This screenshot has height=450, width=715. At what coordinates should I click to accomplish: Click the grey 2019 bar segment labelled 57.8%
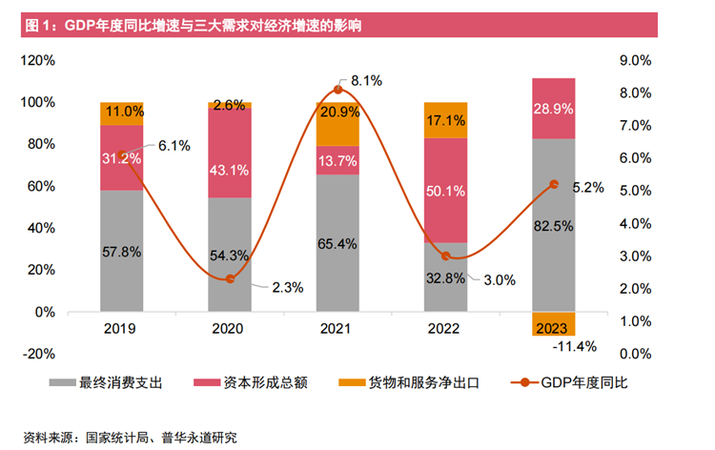121,251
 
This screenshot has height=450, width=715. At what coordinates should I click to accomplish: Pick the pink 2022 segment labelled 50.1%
446,190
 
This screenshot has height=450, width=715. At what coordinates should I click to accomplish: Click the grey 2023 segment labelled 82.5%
554,225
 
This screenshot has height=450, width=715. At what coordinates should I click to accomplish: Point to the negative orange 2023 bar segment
554,323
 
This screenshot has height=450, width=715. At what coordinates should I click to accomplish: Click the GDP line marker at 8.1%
338,90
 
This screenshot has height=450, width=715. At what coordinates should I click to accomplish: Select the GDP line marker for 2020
230,278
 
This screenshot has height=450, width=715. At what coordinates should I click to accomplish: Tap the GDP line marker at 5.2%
554,184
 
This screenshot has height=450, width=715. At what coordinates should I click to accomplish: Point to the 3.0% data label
499,280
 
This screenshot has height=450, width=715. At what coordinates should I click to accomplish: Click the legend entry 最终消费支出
123,382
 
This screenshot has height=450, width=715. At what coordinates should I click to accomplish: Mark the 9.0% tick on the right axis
634,60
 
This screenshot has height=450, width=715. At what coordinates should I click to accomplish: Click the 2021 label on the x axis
338,328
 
